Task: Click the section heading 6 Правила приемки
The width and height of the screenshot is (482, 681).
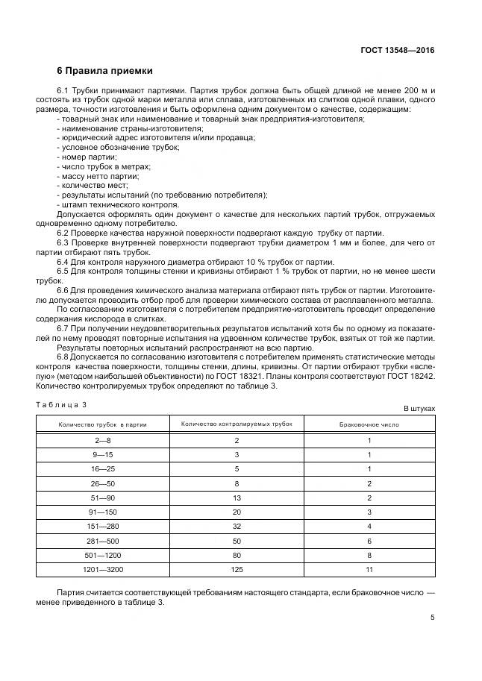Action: pyautogui.click(x=104, y=72)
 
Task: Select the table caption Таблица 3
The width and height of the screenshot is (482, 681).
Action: pyautogui.click(x=62, y=404)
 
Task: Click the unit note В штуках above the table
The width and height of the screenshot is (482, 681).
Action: pyautogui.click(x=419, y=409)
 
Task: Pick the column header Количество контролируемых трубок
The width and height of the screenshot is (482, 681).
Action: pyautogui.click(x=237, y=424)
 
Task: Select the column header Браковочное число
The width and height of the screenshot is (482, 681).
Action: pyautogui.click(x=369, y=424)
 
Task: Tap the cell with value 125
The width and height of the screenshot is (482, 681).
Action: pyautogui.click(x=237, y=569)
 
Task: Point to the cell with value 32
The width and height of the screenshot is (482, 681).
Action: pyautogui.click(x=237, y=527)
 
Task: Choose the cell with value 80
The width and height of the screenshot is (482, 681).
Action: pyautogui.click(x=237, y=555)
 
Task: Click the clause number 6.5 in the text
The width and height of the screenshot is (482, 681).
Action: pyautogui.click(x=63, y=272)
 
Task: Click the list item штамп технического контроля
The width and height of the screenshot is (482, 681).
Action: pyautogui.click(x=119, y=204)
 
